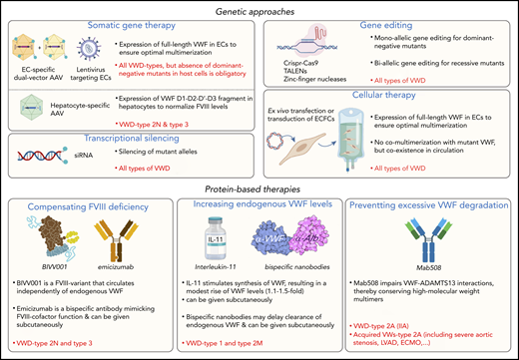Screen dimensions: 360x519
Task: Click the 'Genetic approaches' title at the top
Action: [260, 8]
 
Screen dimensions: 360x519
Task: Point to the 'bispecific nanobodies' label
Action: [296, 281]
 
